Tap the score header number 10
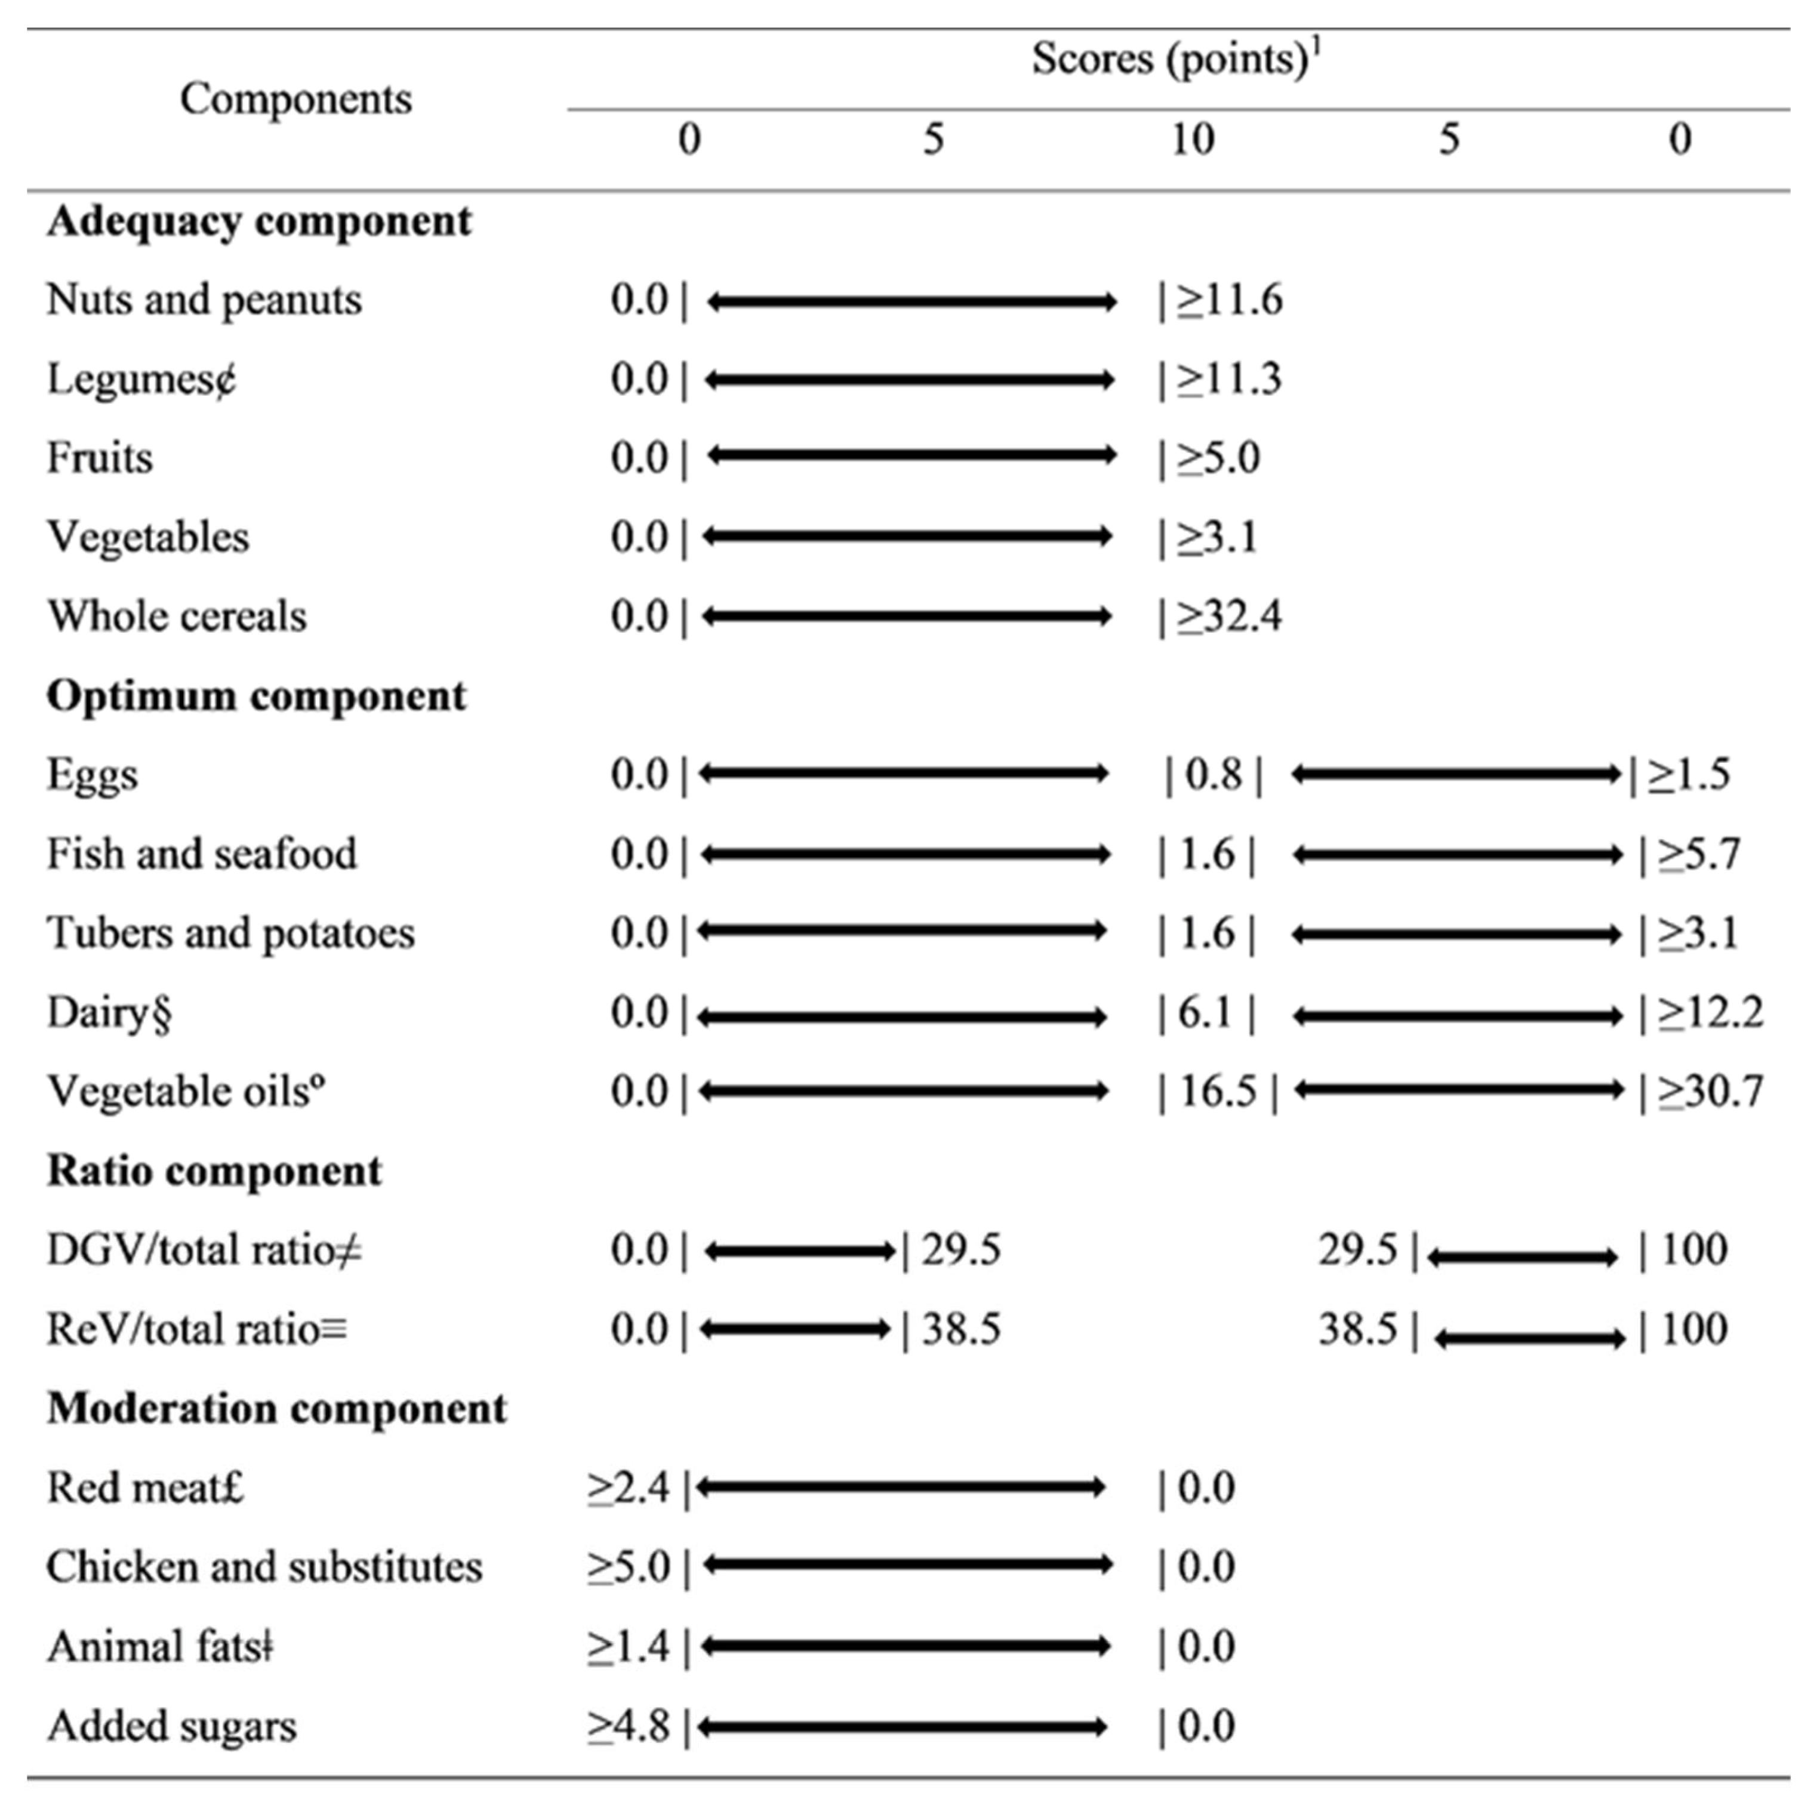point(1193,140)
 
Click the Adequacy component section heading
point(259,222)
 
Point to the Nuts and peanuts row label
point(204,300)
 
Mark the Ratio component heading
point(215,1172)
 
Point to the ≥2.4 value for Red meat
point(629,1488)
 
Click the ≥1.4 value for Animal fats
point(629,1647)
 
